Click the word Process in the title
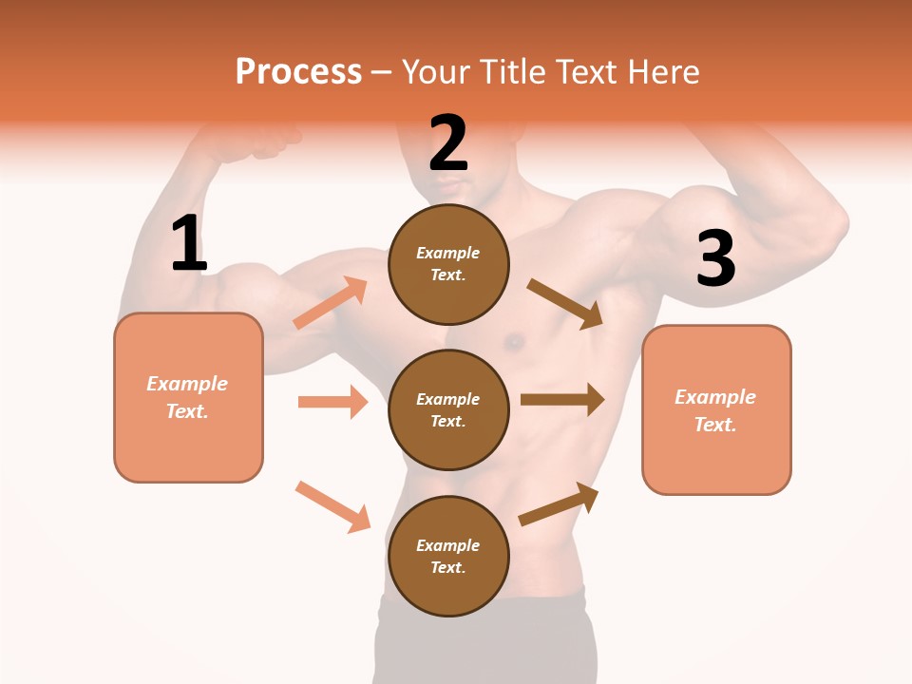point(298,72)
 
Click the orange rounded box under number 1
point(188,397)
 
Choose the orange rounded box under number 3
point(716,409)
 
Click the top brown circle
point(448,264)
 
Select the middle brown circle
point(448,409)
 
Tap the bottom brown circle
point(448,556)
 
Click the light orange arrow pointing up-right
point(331,303)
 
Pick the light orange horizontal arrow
point(332,402)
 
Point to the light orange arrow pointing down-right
point(332,506)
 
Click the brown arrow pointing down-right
point(565,304)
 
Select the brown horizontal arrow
point(562,400)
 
